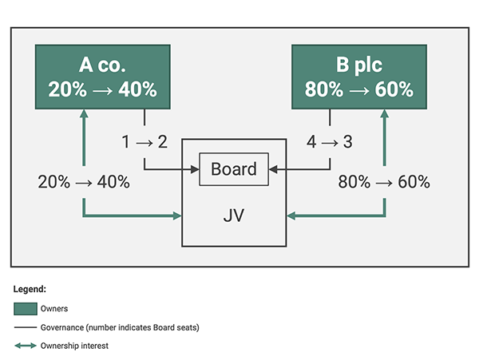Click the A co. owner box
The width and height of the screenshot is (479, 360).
coord(103,77)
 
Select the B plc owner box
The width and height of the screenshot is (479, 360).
coord(359,77)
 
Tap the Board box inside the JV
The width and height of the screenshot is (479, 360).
coord(234,169)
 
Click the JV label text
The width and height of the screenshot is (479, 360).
coord(234,216)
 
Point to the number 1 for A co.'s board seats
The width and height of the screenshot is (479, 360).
coord(125,142)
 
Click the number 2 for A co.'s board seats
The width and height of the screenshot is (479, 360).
coord(163,142)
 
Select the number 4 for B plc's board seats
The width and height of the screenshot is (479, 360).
coord(311,142)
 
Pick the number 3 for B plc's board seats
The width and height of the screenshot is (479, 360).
coord(347,142)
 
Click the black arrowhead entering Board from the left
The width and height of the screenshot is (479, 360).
coord(195,169)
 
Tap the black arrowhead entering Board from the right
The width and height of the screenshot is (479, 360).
coord(273,169)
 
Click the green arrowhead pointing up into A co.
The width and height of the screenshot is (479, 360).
coord(84,113)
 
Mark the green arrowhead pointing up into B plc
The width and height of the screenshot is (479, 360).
coord(385,113)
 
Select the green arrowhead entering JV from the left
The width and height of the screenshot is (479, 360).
coord(177,216)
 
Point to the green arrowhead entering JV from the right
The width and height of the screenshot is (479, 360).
coord(291,216)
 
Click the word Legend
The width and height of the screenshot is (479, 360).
coord(30,289)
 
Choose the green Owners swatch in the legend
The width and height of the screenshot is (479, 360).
coord(26,309)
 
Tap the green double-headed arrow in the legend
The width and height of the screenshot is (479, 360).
coord(26,346)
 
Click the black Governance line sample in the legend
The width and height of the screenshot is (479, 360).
coord(26,327)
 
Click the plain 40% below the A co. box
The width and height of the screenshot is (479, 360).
coord(113,182)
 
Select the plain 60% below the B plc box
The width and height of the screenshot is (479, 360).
coord(414,182)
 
